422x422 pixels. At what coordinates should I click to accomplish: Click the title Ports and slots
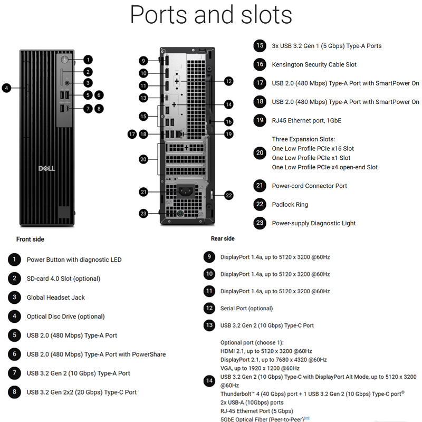click(211, 15)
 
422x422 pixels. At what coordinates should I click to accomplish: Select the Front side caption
click(31, 239)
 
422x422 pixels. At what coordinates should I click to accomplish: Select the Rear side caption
click(223, 239)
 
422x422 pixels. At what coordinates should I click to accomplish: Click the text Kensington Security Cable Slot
click(314, 64)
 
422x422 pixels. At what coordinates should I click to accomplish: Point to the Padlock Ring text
click(290, 204)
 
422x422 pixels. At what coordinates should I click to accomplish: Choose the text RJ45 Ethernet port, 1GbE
click(306, 120)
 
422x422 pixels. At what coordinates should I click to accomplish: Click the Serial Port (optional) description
click(246, 308)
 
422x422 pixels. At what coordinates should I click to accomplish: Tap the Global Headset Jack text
click(55, 298)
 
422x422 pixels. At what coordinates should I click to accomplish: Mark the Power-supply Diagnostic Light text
click(313, 223)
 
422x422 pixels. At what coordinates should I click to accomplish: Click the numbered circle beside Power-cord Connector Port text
click(259, 186)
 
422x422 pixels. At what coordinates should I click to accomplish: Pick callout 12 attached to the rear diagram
click(228, 81)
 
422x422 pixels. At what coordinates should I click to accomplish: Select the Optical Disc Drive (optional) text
click(65, 316)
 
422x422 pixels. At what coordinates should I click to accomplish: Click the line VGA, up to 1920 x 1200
click(260, 368)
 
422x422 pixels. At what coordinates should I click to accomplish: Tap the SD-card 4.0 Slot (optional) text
click(63, 279)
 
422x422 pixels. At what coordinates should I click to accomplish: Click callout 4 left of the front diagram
click(6, 88)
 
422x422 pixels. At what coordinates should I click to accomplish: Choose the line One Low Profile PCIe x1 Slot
click(311, 158)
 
